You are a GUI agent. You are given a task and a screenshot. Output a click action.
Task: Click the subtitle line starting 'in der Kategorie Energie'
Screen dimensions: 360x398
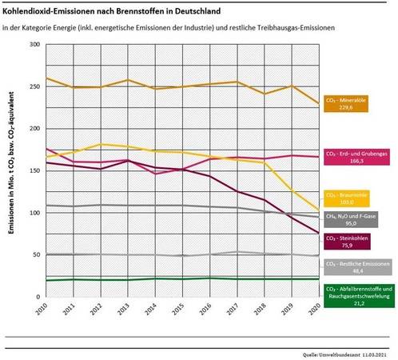[x=168, y=28]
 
